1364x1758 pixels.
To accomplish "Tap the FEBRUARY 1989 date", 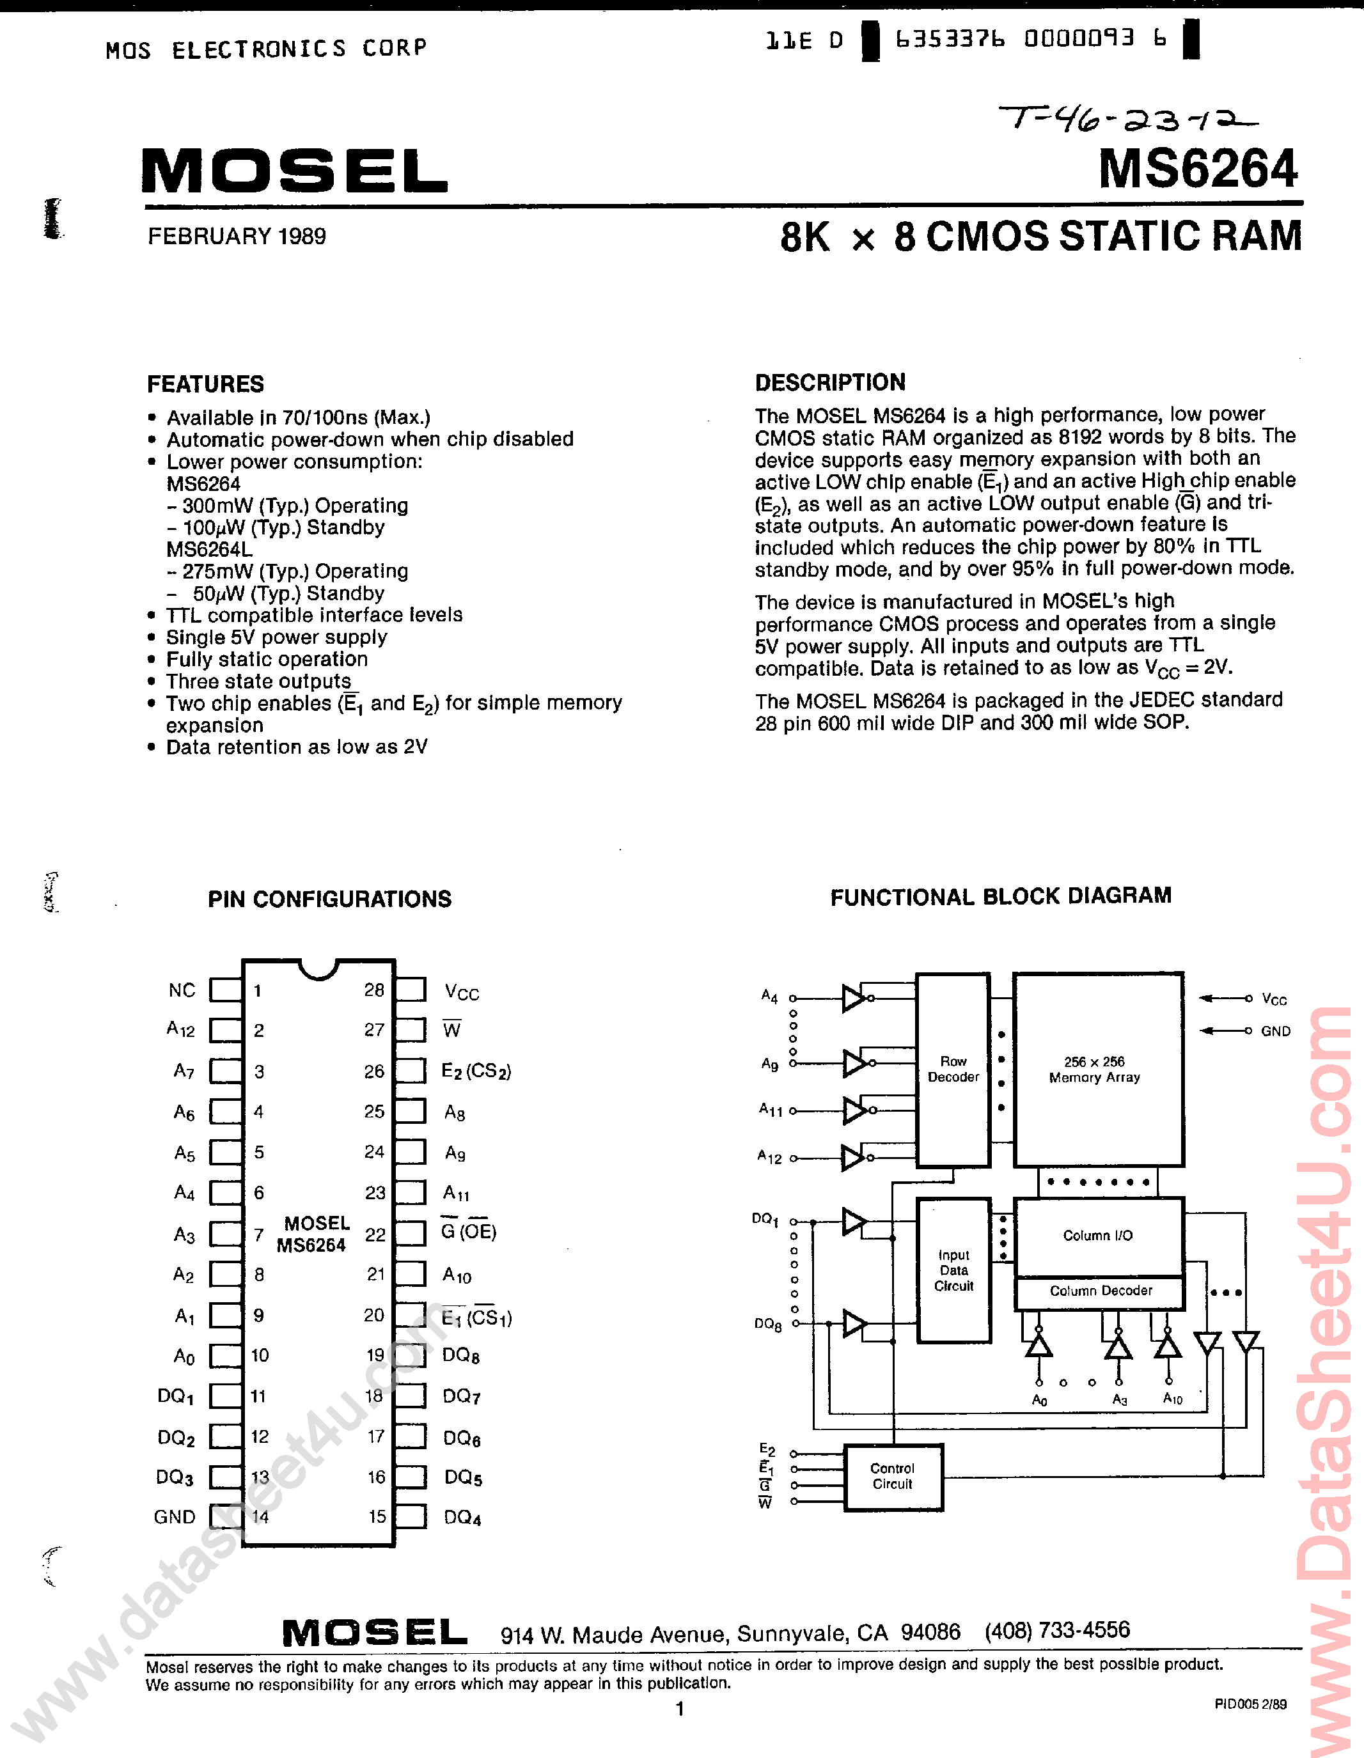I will tap(237, 237).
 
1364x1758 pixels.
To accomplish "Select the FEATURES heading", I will tap(205, 384).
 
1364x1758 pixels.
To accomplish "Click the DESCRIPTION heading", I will tap(830, 382).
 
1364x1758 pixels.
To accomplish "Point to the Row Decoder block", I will tap(953, 1069).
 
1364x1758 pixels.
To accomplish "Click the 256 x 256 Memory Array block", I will tap(1097, 1069).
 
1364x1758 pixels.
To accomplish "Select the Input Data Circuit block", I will tap(953, 1270).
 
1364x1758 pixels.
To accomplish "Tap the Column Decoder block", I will tap(1100, 1291).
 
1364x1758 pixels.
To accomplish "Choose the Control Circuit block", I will tap(892, 1476).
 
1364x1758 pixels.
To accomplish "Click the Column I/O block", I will tap(1097, 1236).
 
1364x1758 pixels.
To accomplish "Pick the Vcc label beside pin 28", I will tap(461, 993).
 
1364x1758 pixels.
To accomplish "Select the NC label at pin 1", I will tap(182, 991).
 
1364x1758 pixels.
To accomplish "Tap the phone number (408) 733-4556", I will tap(1057, 1630).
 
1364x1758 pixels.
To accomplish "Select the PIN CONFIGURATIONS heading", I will tap(329, 899).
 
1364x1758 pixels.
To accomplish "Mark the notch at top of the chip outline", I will tap(318, 969).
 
